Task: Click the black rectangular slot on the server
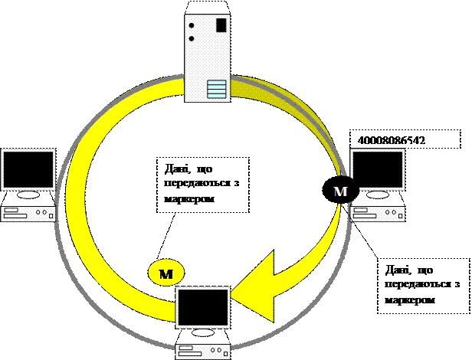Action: coord(221,25)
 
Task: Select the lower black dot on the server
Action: coord(192,36)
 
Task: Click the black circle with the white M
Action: coord(340,191)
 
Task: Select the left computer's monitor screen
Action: coord(28,169)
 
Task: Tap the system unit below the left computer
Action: coord(28,214)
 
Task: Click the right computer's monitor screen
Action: coord(377,169)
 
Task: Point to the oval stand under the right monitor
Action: coord(377,196)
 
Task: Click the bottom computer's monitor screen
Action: coord(203,308)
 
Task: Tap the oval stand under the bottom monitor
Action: coord(203,334)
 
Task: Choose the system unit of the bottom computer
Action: coord(203,352)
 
